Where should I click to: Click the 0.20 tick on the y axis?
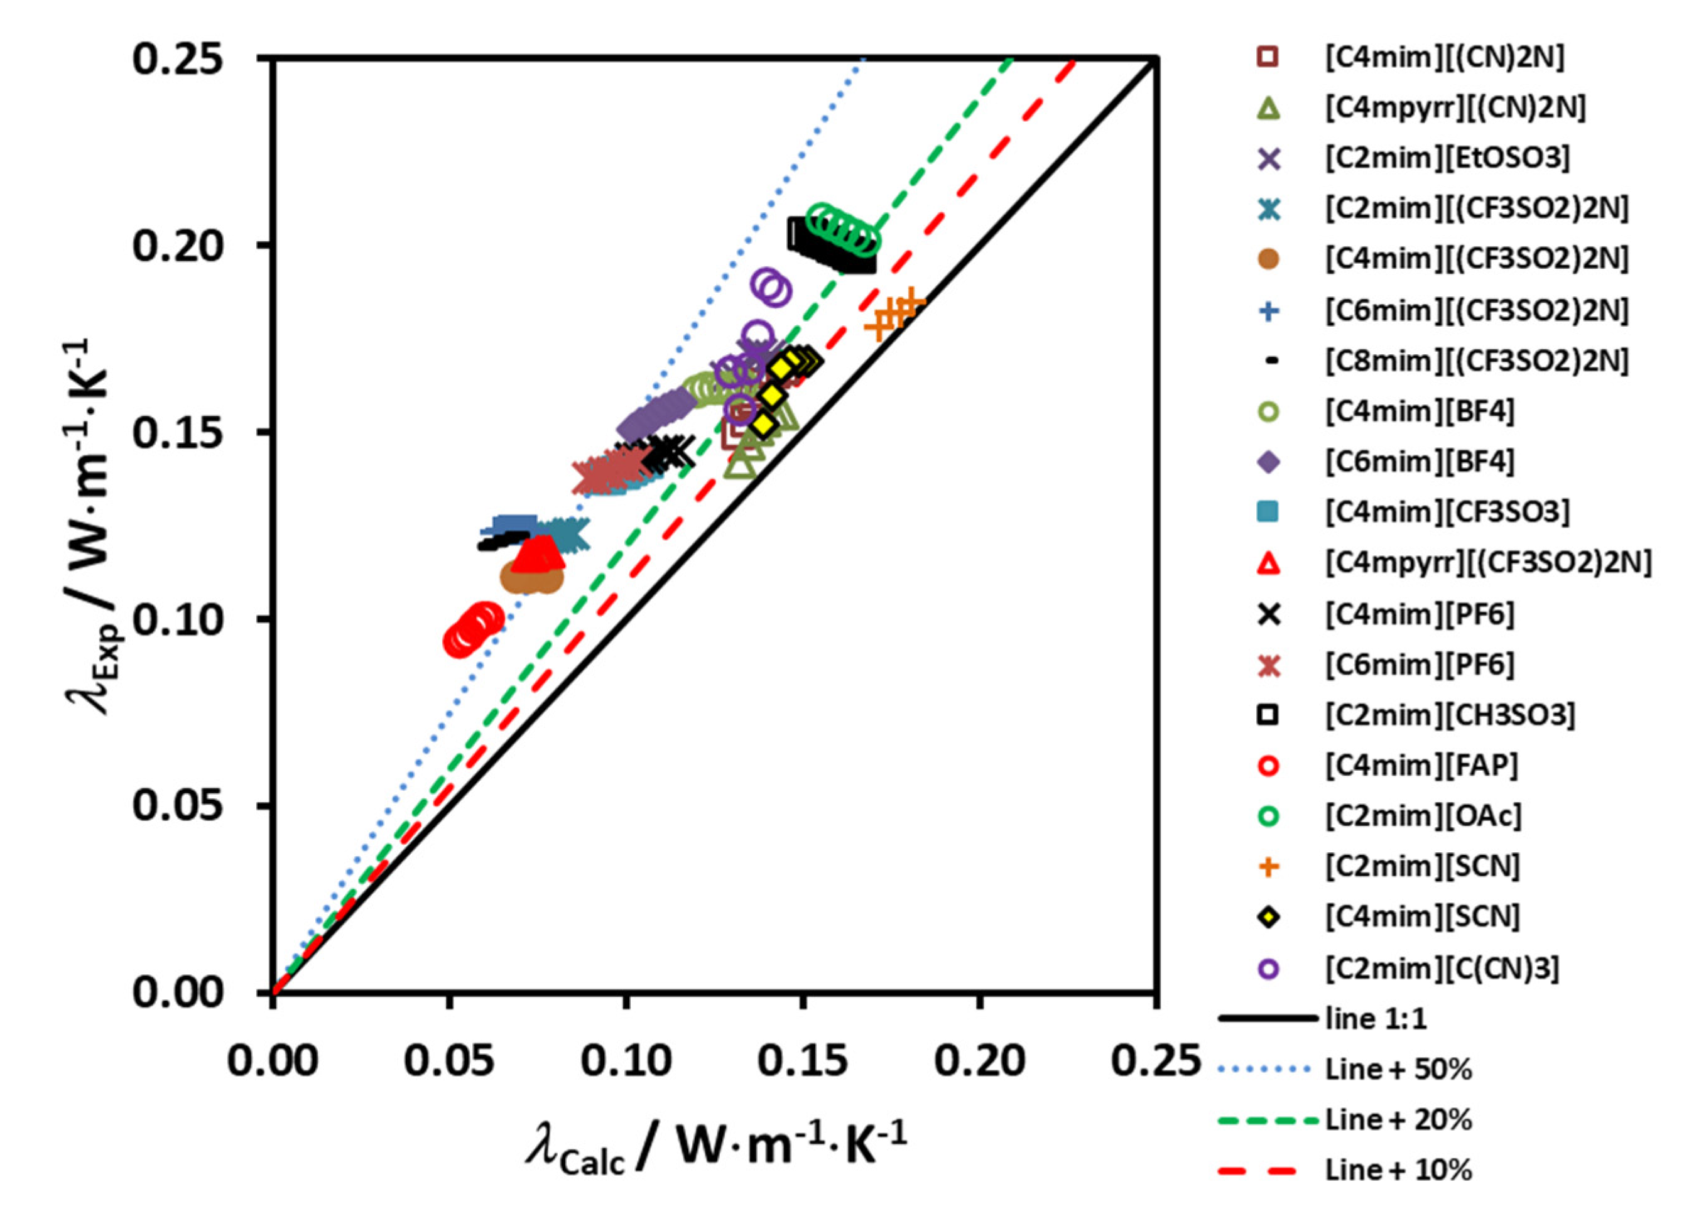(x=177, y=245)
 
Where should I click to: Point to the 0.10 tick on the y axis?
(x=177, y=619)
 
